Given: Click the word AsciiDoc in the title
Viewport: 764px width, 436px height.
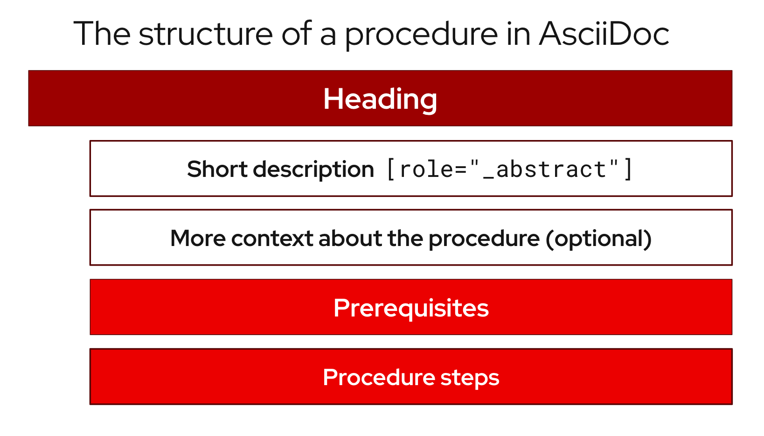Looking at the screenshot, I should coord(604,34).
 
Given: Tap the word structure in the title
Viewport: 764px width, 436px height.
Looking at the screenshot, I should coord(205,34).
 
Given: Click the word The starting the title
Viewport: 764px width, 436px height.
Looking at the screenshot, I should coord(102,34).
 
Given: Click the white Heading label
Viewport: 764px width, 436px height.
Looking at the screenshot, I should coord(380,99).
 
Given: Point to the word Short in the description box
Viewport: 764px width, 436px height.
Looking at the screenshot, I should coord(217,169).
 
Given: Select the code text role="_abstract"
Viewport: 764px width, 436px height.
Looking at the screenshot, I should coord(509,169).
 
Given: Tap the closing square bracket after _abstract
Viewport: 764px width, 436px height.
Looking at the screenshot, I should coord(628,169).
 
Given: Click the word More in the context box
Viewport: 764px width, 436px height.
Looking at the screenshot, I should coord(198,239).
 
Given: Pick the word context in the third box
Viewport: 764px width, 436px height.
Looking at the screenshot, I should coord(272,239).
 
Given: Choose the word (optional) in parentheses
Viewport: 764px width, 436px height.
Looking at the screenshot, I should coord(599,239).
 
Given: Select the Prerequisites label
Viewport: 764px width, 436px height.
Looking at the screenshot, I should coord(411,308).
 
